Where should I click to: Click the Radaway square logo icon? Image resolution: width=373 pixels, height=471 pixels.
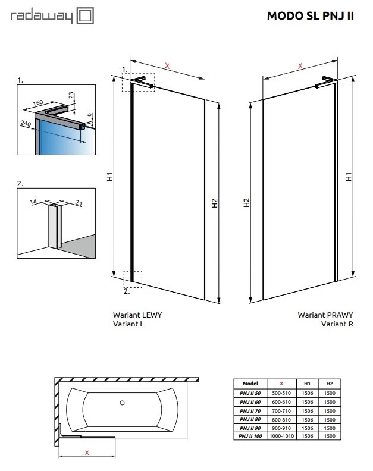click(85, 15)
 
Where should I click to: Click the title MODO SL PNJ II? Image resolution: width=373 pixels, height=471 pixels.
click(311, 15)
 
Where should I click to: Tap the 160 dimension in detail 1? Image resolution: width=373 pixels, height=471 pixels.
click(38, 103)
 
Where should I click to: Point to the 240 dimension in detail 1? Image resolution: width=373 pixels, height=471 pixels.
click(26, 124)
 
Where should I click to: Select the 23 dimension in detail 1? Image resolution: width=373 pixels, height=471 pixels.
click(71, 95)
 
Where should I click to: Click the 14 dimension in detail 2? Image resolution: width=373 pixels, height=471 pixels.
click(33, 202)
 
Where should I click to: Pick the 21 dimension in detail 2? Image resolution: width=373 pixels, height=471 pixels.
click(79, 203)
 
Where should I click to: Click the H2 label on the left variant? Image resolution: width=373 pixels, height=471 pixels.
click(215, 203)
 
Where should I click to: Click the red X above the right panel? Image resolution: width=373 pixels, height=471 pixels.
click(300, 66)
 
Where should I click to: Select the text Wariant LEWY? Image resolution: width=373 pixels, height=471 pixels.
click(137, 315)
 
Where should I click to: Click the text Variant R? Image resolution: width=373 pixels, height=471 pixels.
click(337, 324)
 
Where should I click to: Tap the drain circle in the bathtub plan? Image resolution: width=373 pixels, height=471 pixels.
click(122, 403)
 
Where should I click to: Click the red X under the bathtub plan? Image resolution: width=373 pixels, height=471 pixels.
click(87, 453)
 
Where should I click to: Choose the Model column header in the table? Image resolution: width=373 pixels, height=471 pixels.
click(250, 384)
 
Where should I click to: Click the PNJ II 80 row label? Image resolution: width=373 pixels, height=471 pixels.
click(250, 419)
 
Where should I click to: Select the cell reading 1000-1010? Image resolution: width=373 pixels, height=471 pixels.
click(281, 436)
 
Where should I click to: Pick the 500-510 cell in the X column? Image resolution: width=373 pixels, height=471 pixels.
click(281, 393)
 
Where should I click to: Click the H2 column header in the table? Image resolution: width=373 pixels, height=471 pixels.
click(330, 384)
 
